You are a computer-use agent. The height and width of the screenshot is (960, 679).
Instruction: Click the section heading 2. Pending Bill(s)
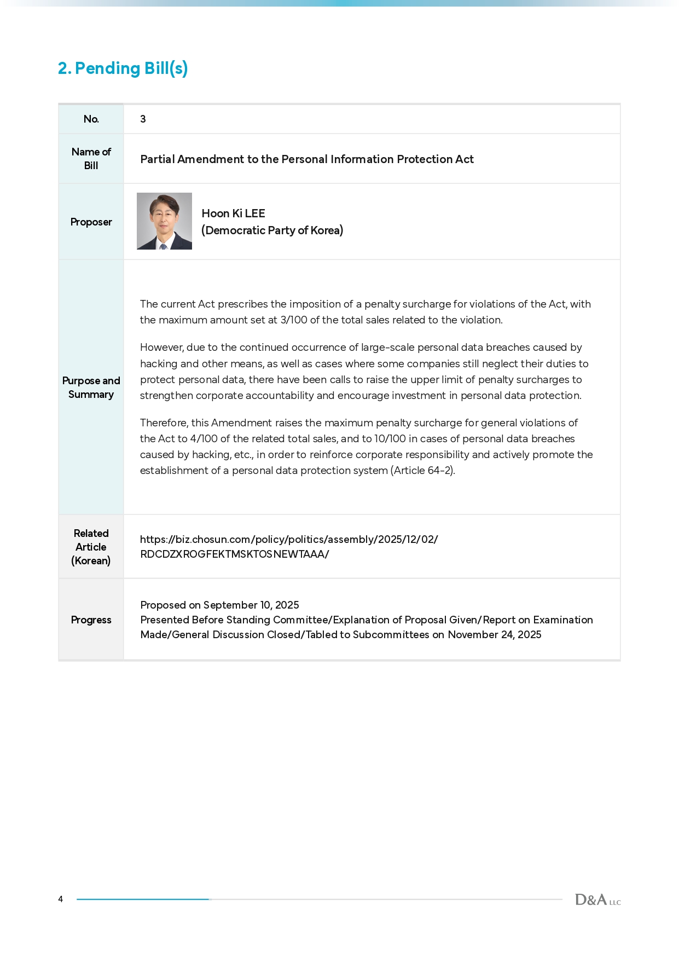click(x=123, y=68)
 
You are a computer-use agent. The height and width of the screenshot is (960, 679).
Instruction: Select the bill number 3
click(x=143, y=119)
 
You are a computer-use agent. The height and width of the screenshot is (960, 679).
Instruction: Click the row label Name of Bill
click(x=91, y=159)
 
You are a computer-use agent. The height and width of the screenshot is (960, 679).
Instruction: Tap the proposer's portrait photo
click(x=164, y=221)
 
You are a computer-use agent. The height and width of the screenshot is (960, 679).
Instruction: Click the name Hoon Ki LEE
click(x=233, y=213)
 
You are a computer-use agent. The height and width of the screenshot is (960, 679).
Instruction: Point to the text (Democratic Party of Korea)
click(x=272, y=230)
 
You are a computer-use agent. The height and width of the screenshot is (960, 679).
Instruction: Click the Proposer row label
click(x=91, y=222)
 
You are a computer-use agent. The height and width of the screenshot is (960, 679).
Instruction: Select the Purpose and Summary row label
click(x=91, y=388)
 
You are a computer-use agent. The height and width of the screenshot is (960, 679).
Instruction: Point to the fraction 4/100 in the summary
click(x=204, y=439)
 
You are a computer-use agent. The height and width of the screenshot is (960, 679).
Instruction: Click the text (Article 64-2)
click(x=422, y=471)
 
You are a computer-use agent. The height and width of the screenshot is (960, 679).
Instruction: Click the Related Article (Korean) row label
click(x=91, y=547)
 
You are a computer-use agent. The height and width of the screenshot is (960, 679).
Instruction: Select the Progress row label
click(x=91, y=620)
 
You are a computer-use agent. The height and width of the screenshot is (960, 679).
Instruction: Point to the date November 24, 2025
click(x=494, y=635)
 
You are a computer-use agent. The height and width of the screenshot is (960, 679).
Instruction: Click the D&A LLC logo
click(x=597, y=900)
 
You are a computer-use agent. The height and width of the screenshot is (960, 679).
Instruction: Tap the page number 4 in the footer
click(x=61, y=899)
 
